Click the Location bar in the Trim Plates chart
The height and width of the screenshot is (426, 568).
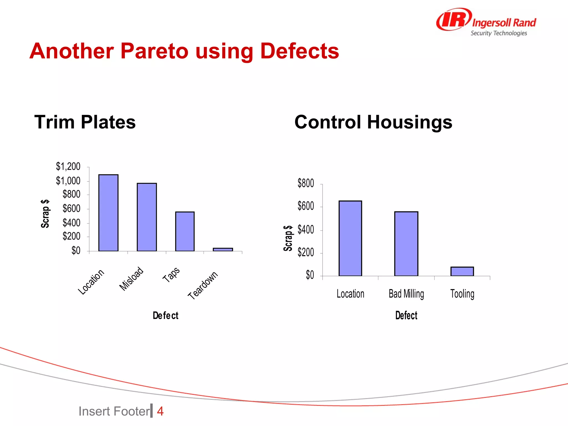coord(108,213)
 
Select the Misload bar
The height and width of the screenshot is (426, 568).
coord(147,217)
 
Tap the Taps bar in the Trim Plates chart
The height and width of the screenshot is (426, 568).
coord(185,231)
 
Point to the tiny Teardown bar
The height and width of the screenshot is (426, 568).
coord(223,250)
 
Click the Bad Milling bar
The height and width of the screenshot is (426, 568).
coord(406,244)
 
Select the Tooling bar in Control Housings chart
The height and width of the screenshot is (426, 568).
coord(462,271)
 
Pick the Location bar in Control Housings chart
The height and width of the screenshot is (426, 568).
coord(350,238)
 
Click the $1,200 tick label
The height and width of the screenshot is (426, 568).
coord(68,166)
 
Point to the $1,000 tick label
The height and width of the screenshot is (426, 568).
coord(68,181)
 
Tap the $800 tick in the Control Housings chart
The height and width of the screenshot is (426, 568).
coord(306,183)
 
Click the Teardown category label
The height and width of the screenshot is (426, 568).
coord(203,285)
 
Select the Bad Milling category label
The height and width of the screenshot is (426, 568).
coord(406,294)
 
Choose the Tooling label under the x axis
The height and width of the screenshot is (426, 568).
coord(462,294)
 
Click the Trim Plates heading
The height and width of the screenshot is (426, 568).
coord(85,122)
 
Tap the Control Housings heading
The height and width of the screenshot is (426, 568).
coord(373,122)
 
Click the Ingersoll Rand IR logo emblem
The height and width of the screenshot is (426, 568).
coord(453,19)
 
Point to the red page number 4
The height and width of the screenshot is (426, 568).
coord(160,411)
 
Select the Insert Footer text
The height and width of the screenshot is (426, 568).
coord(114,411)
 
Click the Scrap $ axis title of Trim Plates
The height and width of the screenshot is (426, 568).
coord(45,214)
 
